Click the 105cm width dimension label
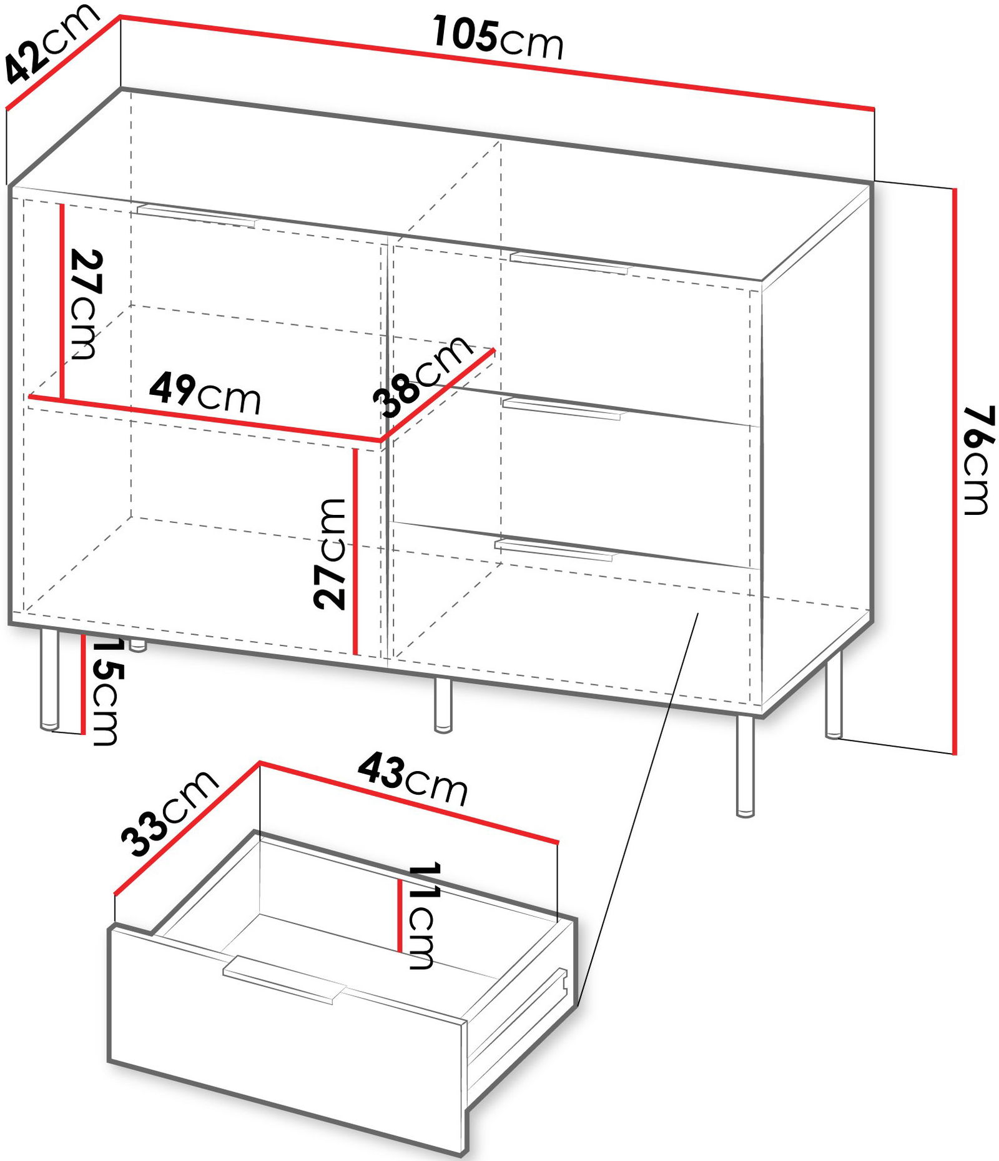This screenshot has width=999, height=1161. point(498,38)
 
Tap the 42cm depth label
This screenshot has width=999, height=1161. point(50,42)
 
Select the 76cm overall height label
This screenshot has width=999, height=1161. point(978,459)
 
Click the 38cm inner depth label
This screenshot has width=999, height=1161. point(423,376)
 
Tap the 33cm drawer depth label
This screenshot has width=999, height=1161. point(169,813)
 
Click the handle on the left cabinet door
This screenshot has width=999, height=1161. point(197,214)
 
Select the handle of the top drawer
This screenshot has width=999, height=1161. point(569,262)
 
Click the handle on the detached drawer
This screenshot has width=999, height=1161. point(283,979)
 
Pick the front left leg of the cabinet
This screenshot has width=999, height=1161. point(49,680)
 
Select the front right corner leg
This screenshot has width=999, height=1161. point(745,766)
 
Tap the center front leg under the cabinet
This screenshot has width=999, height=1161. point(443,705)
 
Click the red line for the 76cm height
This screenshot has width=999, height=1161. point(954,471)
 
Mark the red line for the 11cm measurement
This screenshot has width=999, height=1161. point(400,915)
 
